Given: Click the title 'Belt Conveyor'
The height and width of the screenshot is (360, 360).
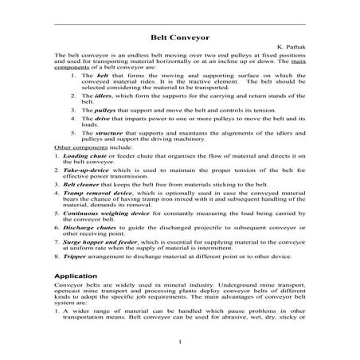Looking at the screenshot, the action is [180, 36].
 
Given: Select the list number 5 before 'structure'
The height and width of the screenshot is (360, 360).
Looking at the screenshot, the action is [73, 133].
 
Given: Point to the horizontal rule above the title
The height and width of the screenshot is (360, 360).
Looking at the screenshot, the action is [180, 23].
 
